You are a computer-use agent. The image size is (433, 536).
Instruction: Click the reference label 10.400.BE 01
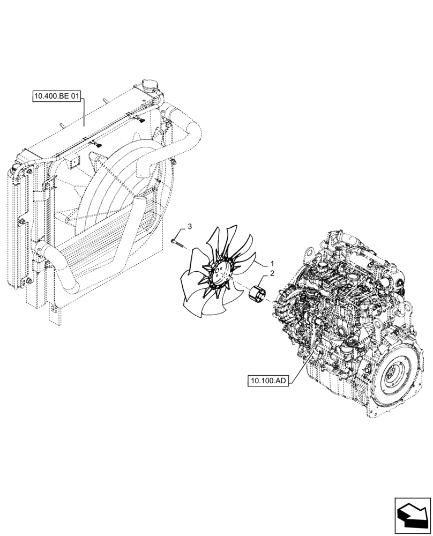click(x=56, y=97)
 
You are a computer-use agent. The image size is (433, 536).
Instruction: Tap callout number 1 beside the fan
click(x=272, y=264)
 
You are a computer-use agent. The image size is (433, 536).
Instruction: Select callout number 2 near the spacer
click(x=272, y=273)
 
